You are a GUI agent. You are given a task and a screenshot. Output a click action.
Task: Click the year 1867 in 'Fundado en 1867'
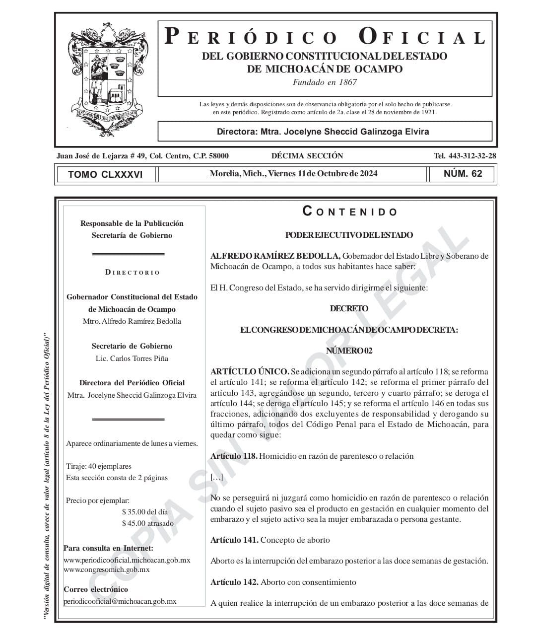(347, 82)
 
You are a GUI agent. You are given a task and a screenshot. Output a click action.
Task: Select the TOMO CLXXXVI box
(105, 174)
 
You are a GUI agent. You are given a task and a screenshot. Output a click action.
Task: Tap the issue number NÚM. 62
(463, 174)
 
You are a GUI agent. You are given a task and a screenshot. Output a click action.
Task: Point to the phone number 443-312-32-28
(472, 156)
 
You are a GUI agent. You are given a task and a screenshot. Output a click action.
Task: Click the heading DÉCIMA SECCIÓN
(307, 156)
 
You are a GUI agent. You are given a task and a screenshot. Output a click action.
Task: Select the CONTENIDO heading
(350, 212)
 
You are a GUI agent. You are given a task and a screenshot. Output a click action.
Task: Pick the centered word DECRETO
(349, 309)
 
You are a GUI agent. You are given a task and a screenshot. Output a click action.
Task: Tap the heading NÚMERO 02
(349, 351)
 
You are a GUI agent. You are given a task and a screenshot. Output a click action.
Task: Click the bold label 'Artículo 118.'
(234, 456)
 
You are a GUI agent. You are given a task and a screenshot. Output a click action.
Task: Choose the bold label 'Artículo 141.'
(234, 540)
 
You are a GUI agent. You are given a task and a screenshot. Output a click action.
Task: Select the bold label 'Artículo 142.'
(234, 582)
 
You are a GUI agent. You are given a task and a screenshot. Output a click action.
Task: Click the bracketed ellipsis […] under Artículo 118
(216, 478)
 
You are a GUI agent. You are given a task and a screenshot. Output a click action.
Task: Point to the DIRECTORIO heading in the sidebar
(133, 273)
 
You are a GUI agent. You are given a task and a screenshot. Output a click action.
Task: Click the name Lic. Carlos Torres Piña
(132, 358)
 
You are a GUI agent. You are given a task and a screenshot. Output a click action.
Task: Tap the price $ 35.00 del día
(145, 512)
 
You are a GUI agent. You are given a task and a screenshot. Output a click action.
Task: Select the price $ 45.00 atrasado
(148, 523)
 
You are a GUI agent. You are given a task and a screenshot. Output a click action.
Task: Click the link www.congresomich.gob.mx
(107, 570)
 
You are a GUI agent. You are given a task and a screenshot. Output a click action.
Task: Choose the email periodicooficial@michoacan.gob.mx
(120, 601)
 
